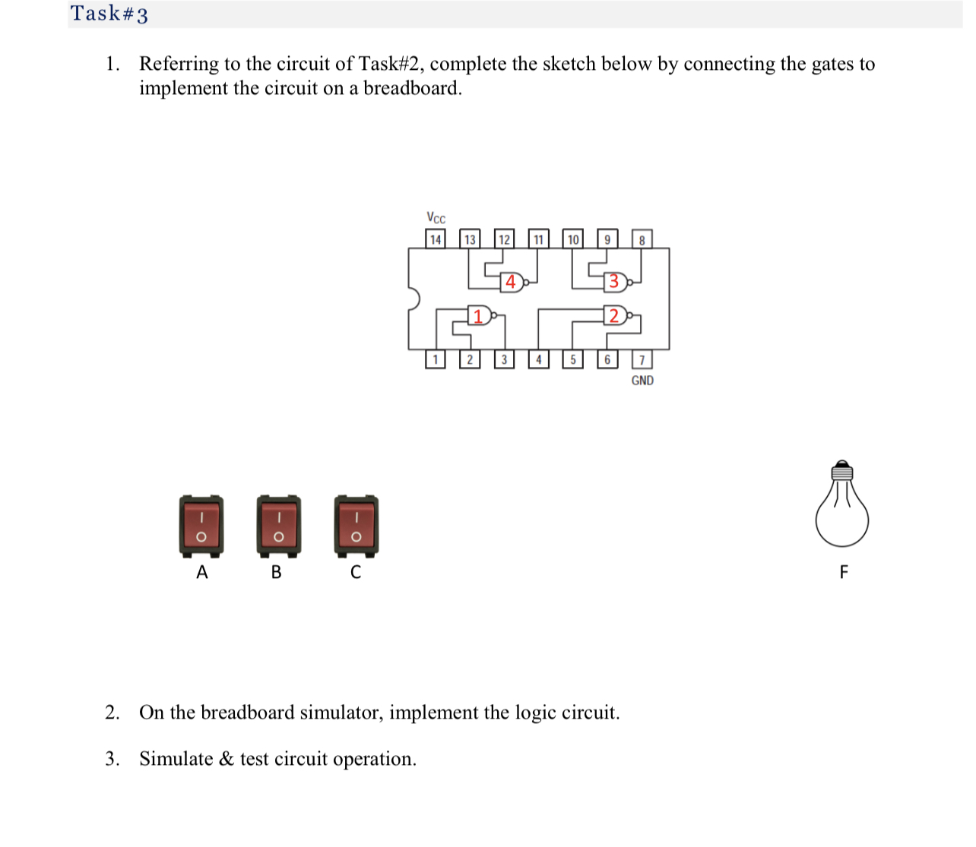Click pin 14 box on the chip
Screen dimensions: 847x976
436,239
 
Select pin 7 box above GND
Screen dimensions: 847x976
642,359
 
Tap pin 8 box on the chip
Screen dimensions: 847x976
642,239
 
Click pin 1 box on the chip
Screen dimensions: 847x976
435,359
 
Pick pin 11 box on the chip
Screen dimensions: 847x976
538,239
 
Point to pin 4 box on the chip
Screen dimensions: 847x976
538,359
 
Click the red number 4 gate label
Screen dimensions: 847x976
511,282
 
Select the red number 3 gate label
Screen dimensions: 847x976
614,282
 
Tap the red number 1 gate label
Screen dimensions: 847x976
478,315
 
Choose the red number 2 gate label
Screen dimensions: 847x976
614,315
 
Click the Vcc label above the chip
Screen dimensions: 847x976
436,218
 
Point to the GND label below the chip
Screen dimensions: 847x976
642,381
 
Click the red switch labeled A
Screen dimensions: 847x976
201,526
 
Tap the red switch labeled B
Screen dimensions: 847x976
278,526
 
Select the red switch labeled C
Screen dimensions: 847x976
356,526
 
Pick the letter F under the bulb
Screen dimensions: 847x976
843,572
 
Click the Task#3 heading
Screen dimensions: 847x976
109,14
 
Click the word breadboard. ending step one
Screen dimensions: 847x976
413,88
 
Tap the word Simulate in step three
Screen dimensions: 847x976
176,759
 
